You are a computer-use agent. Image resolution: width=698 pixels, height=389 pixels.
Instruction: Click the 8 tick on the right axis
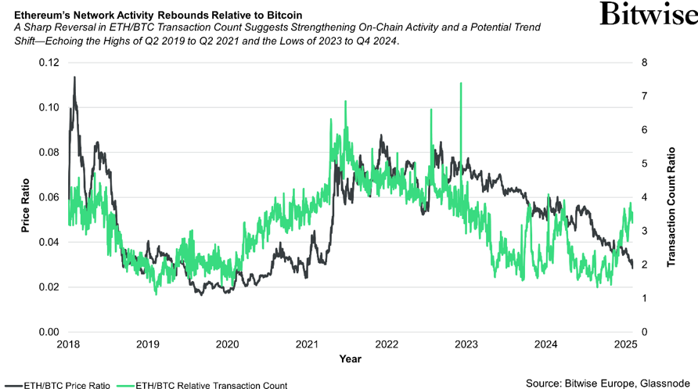pyautogui.click(x=643, y=62)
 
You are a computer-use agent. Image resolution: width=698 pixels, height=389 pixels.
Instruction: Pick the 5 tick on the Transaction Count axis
pyautogui.click(x=643, y=164)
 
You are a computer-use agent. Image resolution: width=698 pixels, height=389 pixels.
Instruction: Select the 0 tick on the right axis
pyautogui.click(x=643, y=332)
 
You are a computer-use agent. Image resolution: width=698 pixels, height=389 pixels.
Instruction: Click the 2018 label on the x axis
pyautogui.click(x=68, y=344)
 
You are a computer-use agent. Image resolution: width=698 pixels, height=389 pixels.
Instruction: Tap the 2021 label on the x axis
pyautogui.click(x=308, y=344)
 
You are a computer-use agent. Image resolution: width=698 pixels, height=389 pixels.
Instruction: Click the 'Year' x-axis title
pyautogui.click(x=350, y=358)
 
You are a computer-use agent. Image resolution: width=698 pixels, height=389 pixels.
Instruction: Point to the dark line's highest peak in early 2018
pyautogui.click(x=74, y=77)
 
